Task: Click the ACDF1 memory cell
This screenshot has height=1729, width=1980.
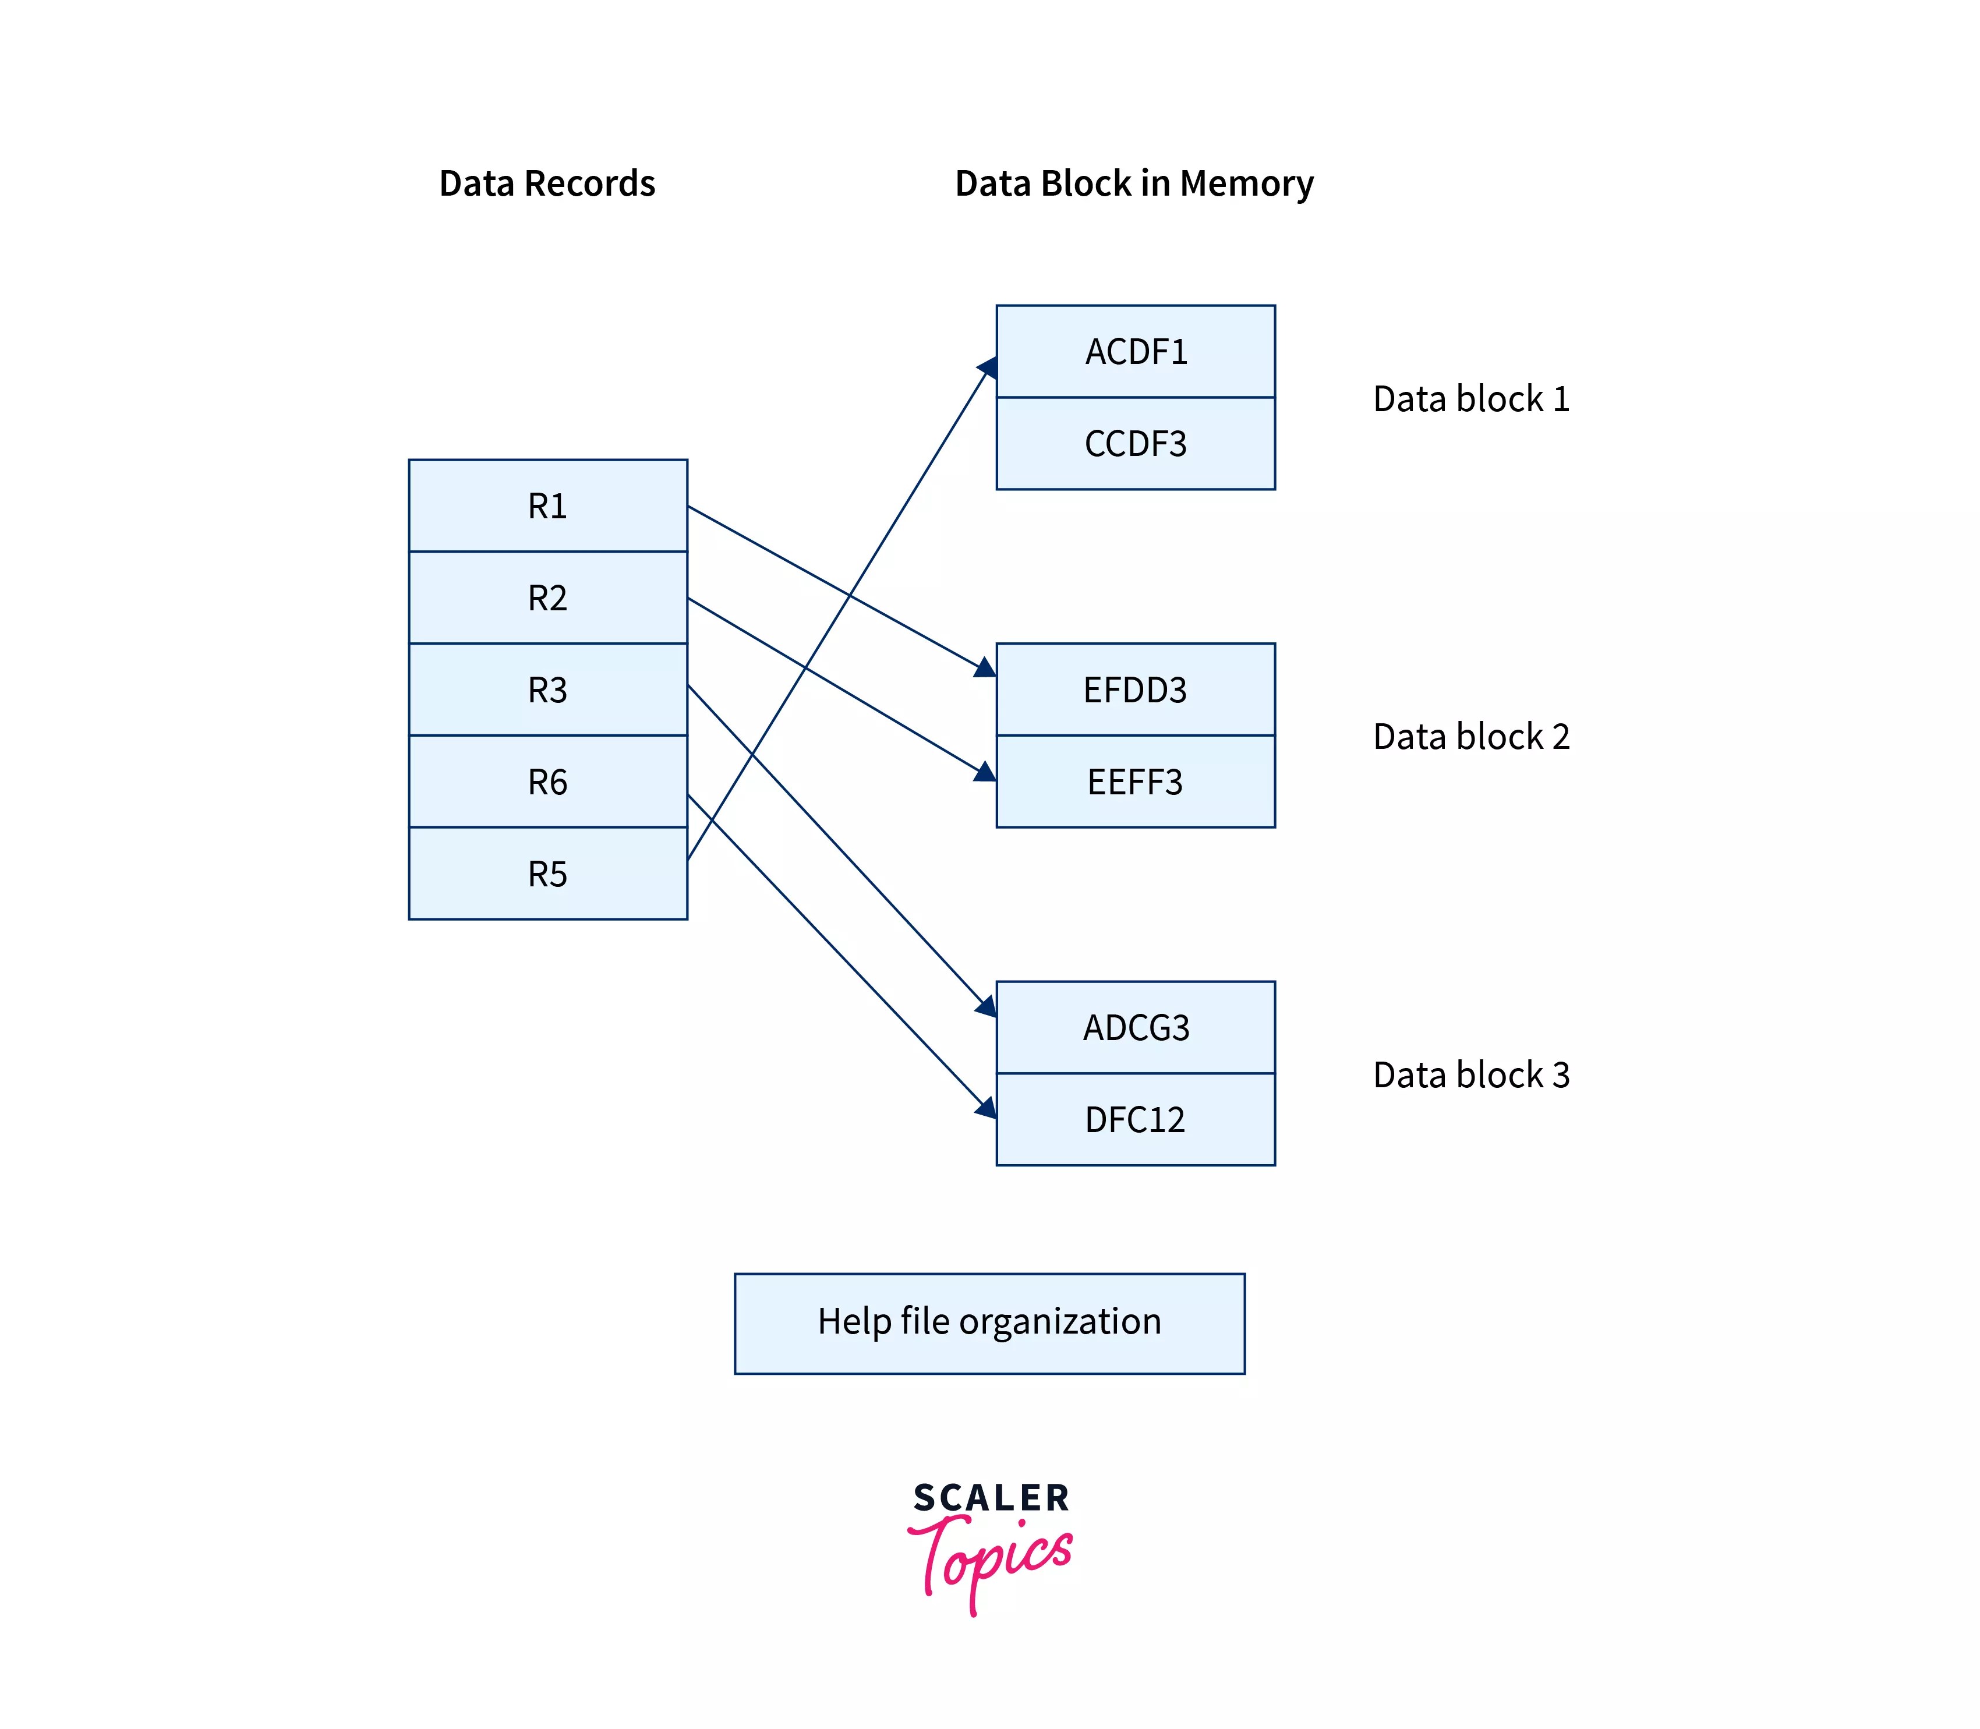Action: [x=1135, y=351]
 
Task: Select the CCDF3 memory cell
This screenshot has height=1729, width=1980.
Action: [x=1135, y=443]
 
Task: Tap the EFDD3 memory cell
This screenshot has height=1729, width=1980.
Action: [x=1135, y=689]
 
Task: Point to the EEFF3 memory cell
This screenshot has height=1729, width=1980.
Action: [x=1135, y=780]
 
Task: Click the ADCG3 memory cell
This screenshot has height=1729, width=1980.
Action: [x=1135, y=1027]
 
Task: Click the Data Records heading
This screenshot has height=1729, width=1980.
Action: [x=546, y=183]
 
